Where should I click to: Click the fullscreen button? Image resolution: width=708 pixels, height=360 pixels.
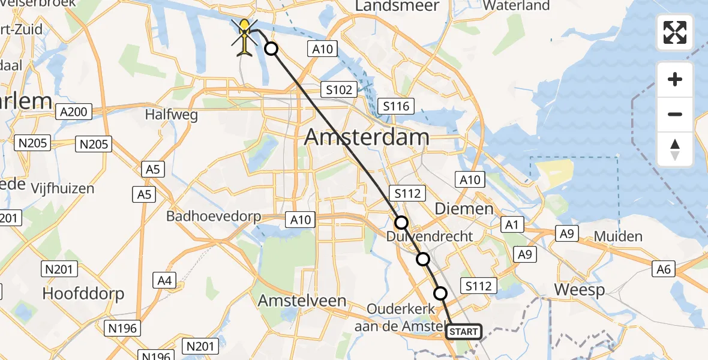675,32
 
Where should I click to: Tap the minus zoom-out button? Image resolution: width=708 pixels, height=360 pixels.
675,114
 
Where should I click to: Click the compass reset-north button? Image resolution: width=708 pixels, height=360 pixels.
675,149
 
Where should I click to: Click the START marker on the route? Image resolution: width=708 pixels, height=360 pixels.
464,332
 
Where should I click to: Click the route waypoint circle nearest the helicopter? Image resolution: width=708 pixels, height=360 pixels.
271,49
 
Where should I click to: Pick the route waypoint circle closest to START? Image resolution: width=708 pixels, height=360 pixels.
440,293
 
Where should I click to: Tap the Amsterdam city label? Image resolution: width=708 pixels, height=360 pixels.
367,137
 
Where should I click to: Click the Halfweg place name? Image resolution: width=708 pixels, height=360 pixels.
172,115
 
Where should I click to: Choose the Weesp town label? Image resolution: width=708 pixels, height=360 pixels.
578,289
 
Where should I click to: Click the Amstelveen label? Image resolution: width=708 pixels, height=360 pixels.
302,301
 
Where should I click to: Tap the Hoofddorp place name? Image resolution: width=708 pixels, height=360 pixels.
83,294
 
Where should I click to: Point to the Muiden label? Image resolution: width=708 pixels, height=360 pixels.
618,236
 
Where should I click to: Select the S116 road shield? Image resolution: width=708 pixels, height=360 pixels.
396,107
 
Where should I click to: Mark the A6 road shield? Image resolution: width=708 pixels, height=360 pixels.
664,269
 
